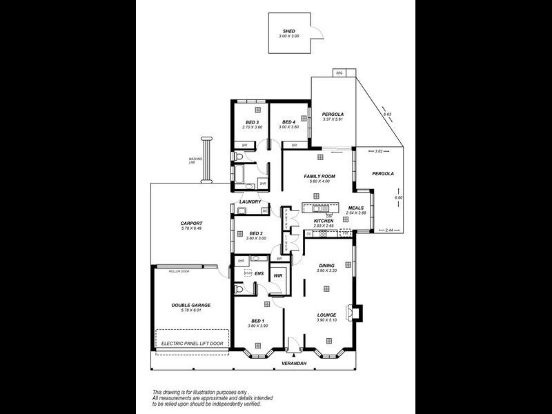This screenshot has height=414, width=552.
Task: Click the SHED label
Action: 288,31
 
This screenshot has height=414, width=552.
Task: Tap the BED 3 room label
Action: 250,122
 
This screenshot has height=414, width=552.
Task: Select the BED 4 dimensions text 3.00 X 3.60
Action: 288,127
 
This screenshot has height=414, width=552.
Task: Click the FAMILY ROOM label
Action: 319,177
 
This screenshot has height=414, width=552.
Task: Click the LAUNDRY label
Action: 250,201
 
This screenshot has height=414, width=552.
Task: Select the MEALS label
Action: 355,208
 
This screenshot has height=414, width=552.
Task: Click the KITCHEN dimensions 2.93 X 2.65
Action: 324,226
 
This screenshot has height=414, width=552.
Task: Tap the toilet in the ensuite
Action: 239,290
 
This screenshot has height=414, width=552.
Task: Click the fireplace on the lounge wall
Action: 355,312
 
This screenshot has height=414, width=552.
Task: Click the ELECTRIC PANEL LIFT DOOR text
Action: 192,343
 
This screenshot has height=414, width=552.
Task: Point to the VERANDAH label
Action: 293,362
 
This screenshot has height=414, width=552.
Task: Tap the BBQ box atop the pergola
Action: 339,72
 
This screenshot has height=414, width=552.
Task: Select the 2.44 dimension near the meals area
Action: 389,229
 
